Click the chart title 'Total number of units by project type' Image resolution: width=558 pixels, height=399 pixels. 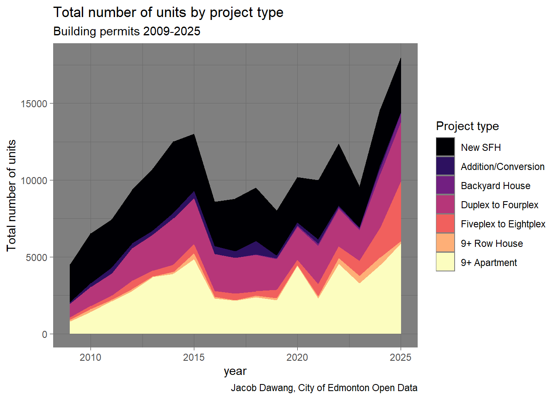pos(168,12)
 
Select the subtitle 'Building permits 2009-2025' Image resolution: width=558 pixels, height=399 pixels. pos(127,31)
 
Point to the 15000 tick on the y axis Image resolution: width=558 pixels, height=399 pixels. pos(34,103)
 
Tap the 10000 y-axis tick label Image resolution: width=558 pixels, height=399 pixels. pos(34,180)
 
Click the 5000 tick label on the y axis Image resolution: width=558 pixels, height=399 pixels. pos(37,257)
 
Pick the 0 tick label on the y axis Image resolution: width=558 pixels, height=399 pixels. pos(44,334)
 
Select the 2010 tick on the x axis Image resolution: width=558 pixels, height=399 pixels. pos(91,357)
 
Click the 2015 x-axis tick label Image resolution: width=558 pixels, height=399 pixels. pos(194,357)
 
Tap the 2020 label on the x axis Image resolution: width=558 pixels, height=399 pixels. pos(297,357)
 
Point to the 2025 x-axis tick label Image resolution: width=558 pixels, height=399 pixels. pos(401,357)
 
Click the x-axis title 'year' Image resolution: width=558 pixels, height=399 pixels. pos(235,371)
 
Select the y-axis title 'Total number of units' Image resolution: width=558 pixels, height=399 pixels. pos(11,195)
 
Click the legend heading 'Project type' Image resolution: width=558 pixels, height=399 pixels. pos(467,126)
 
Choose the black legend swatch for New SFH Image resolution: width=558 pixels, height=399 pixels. pos(445,147)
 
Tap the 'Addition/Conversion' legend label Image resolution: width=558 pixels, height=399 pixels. pos(502,167)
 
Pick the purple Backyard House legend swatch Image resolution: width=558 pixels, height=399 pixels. pos(445,185)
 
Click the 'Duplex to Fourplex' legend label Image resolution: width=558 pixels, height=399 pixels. pos(499,205)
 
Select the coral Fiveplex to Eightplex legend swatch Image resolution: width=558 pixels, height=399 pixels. pos(445,224)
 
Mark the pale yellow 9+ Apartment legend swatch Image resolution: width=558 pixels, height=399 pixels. pos(445,262)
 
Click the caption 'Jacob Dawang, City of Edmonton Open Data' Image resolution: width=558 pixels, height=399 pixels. pos(324,388)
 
